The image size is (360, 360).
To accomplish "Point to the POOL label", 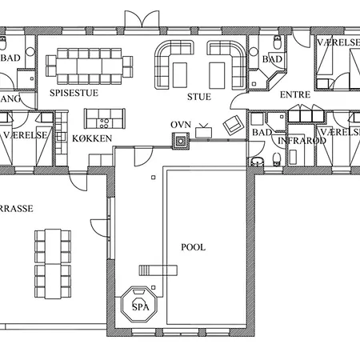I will pyautogui.click(x=193, y=247).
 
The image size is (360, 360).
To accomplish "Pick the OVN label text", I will pyautogui.click(x=180, y=126).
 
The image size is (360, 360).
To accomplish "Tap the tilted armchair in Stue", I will pyautogui.click(x=233, y=124).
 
